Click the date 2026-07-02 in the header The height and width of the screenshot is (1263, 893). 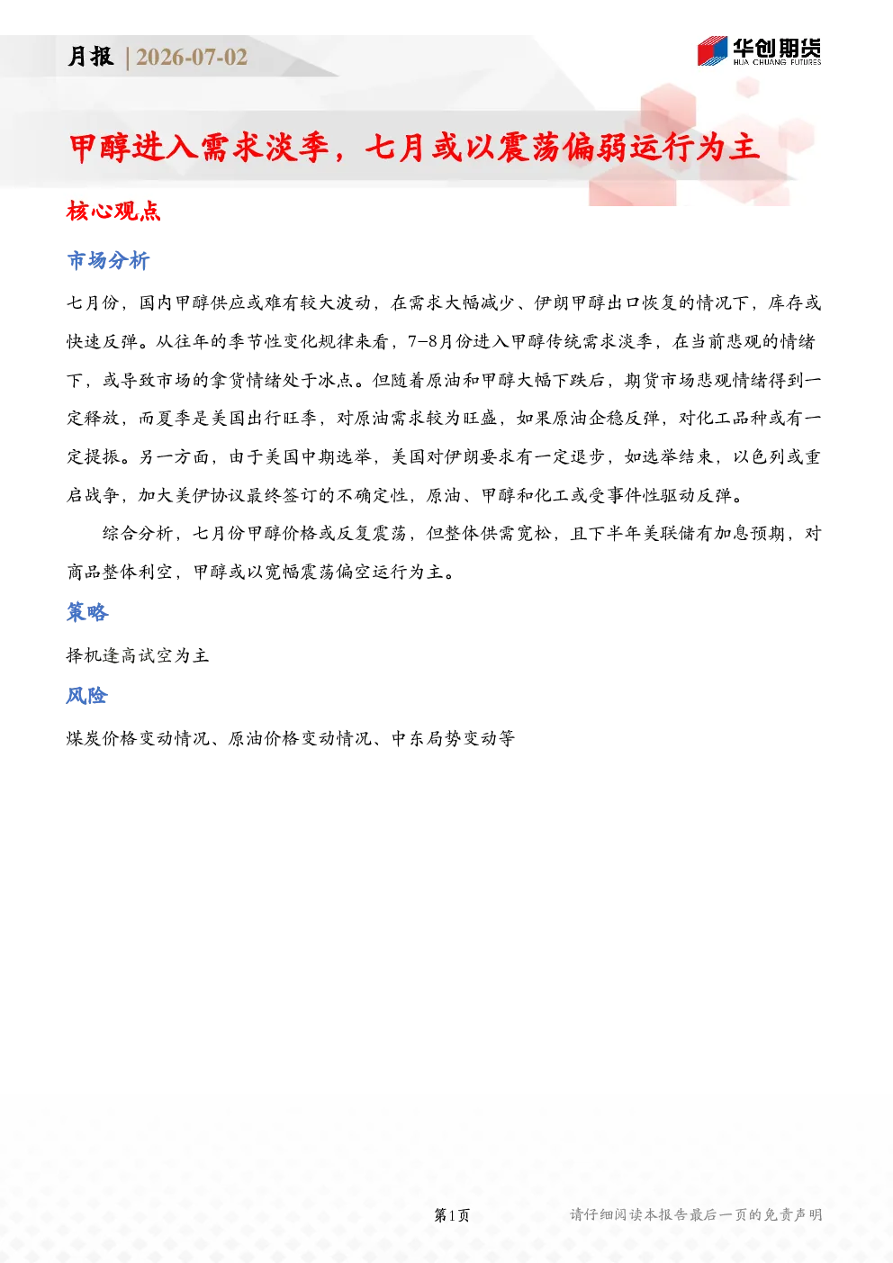coord(192,57)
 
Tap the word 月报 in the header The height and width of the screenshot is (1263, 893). coord(91,57)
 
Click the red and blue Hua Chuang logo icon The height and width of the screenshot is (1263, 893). coord(712,50)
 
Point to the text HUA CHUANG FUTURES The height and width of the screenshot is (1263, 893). coord(777,63)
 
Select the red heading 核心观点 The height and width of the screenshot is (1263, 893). coord(113,211)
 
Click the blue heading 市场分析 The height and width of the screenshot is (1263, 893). coord(108,260)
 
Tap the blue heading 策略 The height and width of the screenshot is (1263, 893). coord(87,612)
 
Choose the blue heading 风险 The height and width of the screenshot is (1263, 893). coord(86,695)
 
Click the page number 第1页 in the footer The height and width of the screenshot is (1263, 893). coord(452,1214)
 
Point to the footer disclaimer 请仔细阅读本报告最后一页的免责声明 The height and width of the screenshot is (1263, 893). coord(696,1214)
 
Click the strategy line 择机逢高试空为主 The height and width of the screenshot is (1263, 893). coord(138,655)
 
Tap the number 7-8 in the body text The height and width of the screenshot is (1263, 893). coord(422,341)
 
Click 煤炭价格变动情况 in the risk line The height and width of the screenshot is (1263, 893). coord(138,738)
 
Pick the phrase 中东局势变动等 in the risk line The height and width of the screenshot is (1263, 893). coord(454,738)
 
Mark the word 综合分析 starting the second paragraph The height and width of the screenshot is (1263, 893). coord(138,533)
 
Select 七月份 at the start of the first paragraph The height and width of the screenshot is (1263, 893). coord(93,302)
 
